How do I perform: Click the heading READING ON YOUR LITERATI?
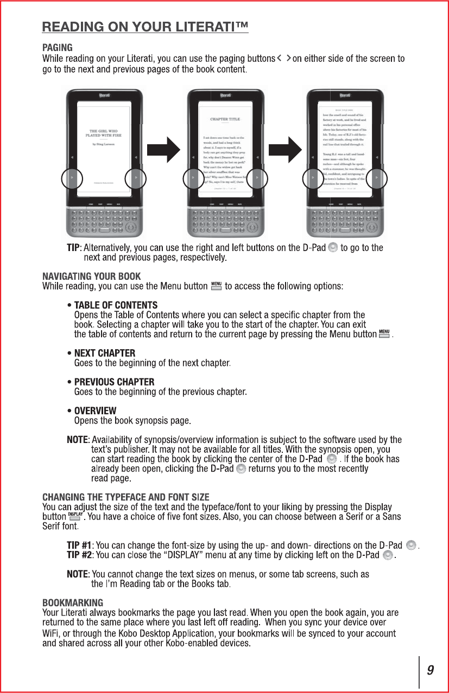(x=146, y=27)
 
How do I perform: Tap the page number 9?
(x=430, y=671)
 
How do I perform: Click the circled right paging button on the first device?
(x=136, y=178)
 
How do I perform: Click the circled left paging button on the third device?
(x=313, y=178)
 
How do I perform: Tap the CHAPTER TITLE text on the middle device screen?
(x=225, y=119)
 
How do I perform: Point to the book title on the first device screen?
(x=104, y=133)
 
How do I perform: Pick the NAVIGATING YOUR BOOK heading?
(x=92, y=276)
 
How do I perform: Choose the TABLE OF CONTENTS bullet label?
(x=116, y=306)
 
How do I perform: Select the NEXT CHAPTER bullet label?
(x=105, y=354)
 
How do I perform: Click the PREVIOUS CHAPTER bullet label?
(x=114, y=382)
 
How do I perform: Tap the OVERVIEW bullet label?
(x=95, y=411)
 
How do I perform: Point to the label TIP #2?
(x=79, y=555)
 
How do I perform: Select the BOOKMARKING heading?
(x=73, y=603)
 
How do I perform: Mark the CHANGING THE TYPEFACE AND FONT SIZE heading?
(x=126, y=497)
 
